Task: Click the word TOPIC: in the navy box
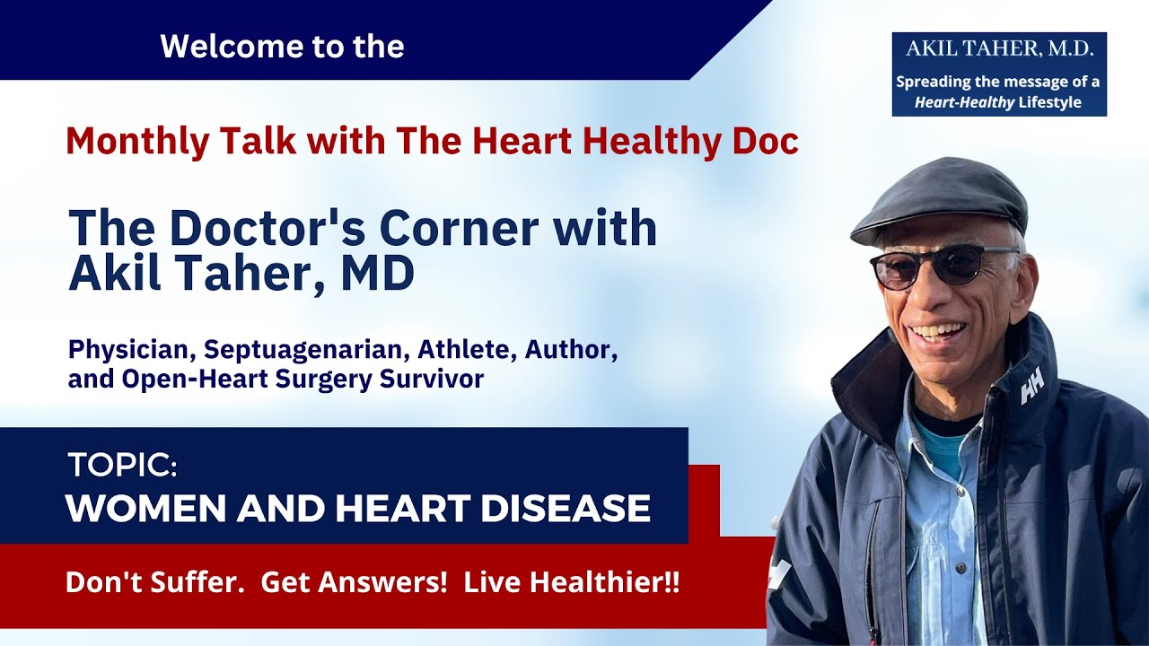tap(122, 465)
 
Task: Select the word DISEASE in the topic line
tap(566, 509)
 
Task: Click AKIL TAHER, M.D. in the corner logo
tap(998, 49)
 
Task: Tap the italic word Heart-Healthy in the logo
tap(964, 102)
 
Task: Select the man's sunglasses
tap(943, 266)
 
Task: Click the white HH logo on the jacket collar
tap(1032, 388)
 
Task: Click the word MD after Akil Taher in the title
tap(378, 275)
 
